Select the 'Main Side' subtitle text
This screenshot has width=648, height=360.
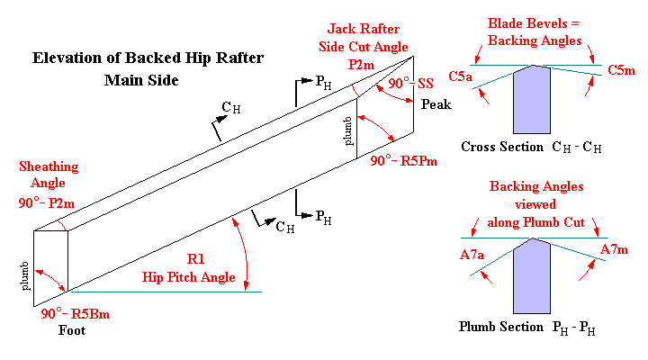coord(141,80)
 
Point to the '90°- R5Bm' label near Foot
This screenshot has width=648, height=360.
coord(78,315)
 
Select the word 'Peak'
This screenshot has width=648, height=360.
coord(436,104)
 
